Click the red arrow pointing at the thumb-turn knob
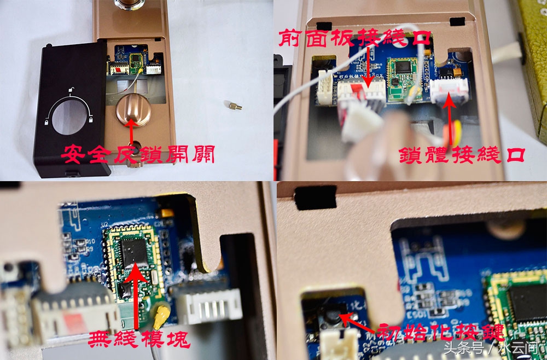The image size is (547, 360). (x=131, y=131)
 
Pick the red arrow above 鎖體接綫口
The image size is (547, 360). (x=450, y=120)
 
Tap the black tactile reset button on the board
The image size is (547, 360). (x=332, y=316)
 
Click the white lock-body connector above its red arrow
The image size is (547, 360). (x=450, y=90)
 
